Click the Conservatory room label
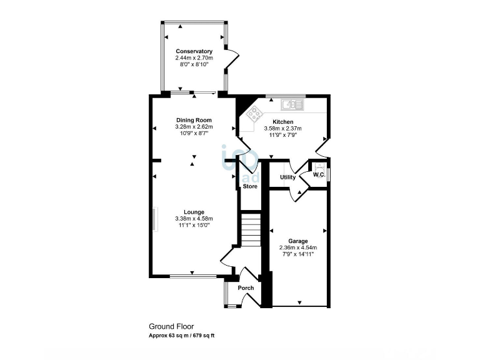coord(194,51)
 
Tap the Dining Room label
coord(194,120)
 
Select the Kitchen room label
coord(282,122)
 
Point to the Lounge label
coord(194,212)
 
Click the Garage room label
coord(297,241)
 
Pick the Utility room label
coord(287,177)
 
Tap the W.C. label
coord(318,175)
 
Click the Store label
coord(250,186)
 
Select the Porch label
coord(246,288)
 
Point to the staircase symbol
coord(250,230)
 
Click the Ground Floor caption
coord(171,326)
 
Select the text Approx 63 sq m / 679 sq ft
coord(181,336)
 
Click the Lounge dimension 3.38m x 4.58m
coord(194,219)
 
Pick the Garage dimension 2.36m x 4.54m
coord(297,247)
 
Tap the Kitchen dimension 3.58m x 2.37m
coord(282,129)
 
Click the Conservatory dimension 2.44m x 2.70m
coord(194,57)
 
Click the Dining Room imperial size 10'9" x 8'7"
coord(194,133)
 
